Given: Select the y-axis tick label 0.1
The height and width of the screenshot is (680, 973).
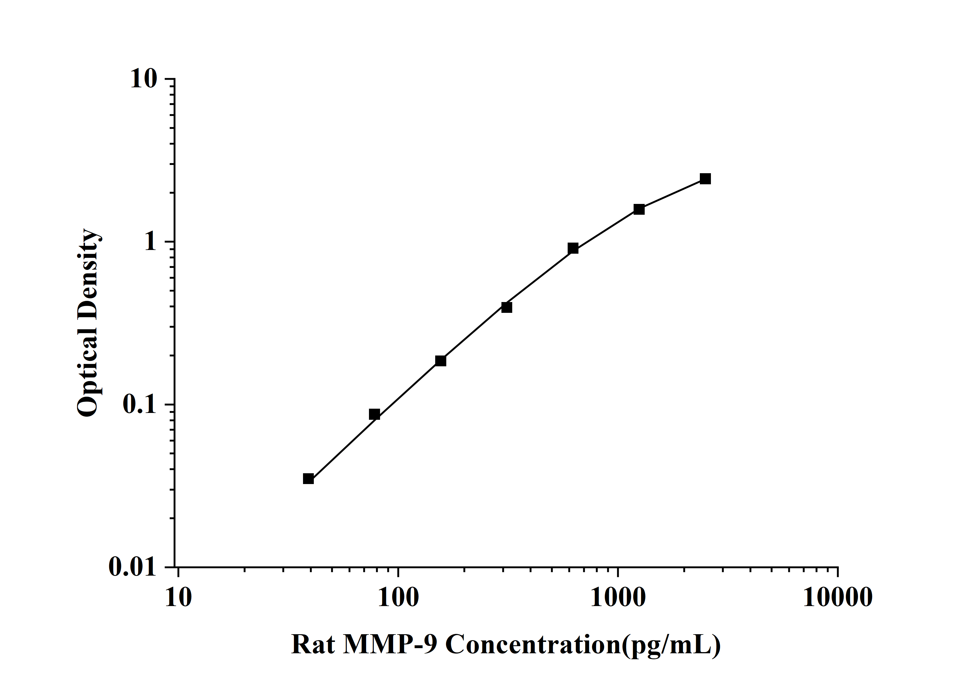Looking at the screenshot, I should click(x=139, y=405).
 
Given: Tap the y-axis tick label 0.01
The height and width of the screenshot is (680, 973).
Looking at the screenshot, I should click(x=132, y=567).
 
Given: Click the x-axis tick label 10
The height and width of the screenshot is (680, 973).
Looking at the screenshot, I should click(x=179, y=598).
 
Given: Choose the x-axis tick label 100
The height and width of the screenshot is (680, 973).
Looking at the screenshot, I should click(x=398, y=598).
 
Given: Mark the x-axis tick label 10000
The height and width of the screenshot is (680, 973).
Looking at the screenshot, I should click(x=838, y=598).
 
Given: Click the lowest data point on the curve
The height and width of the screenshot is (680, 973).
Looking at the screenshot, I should click(x=308, y=479).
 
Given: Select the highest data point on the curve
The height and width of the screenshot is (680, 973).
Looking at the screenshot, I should click(x=705, y=179).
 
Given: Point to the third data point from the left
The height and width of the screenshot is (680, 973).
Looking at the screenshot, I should click(x=441, y=361).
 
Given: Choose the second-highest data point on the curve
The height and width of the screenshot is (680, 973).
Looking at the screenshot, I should click(x=639, y=209).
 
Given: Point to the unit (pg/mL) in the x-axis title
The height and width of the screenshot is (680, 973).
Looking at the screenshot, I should click(x=671, y=646).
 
